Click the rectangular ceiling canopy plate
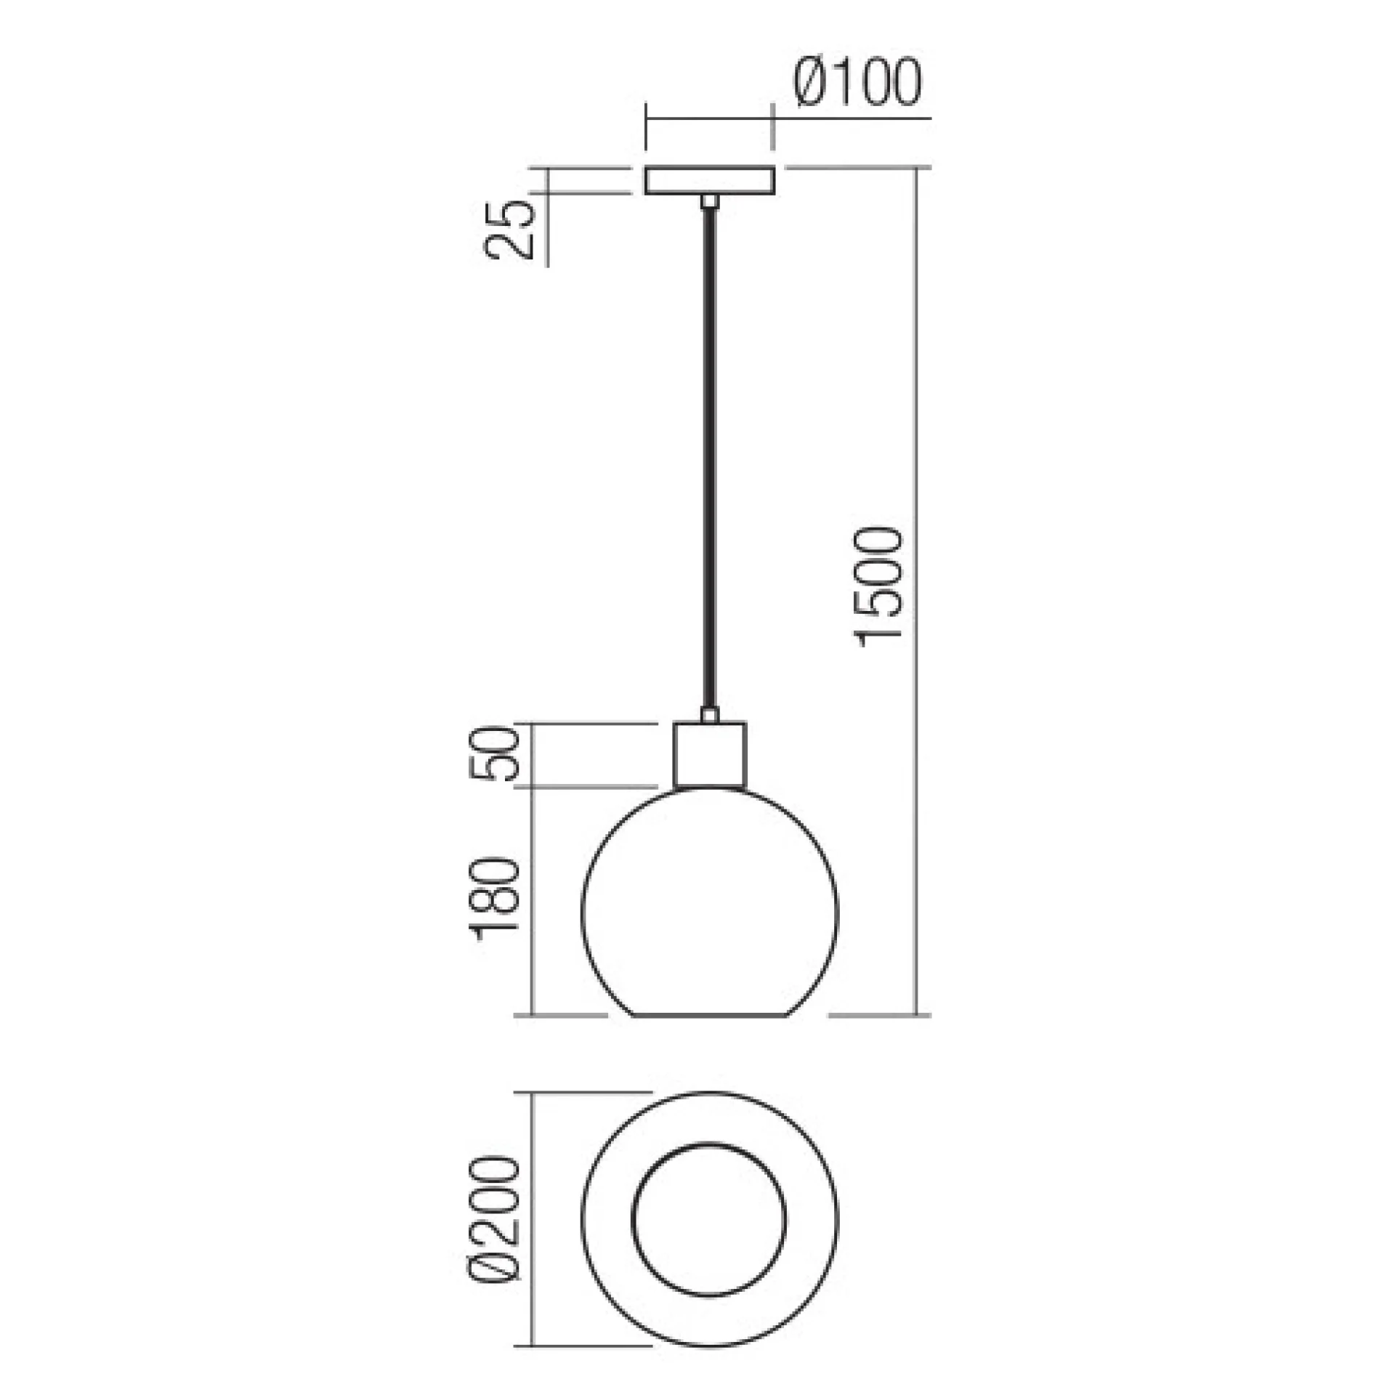(x=710, y=181)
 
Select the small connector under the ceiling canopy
(x=710, y=201)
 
